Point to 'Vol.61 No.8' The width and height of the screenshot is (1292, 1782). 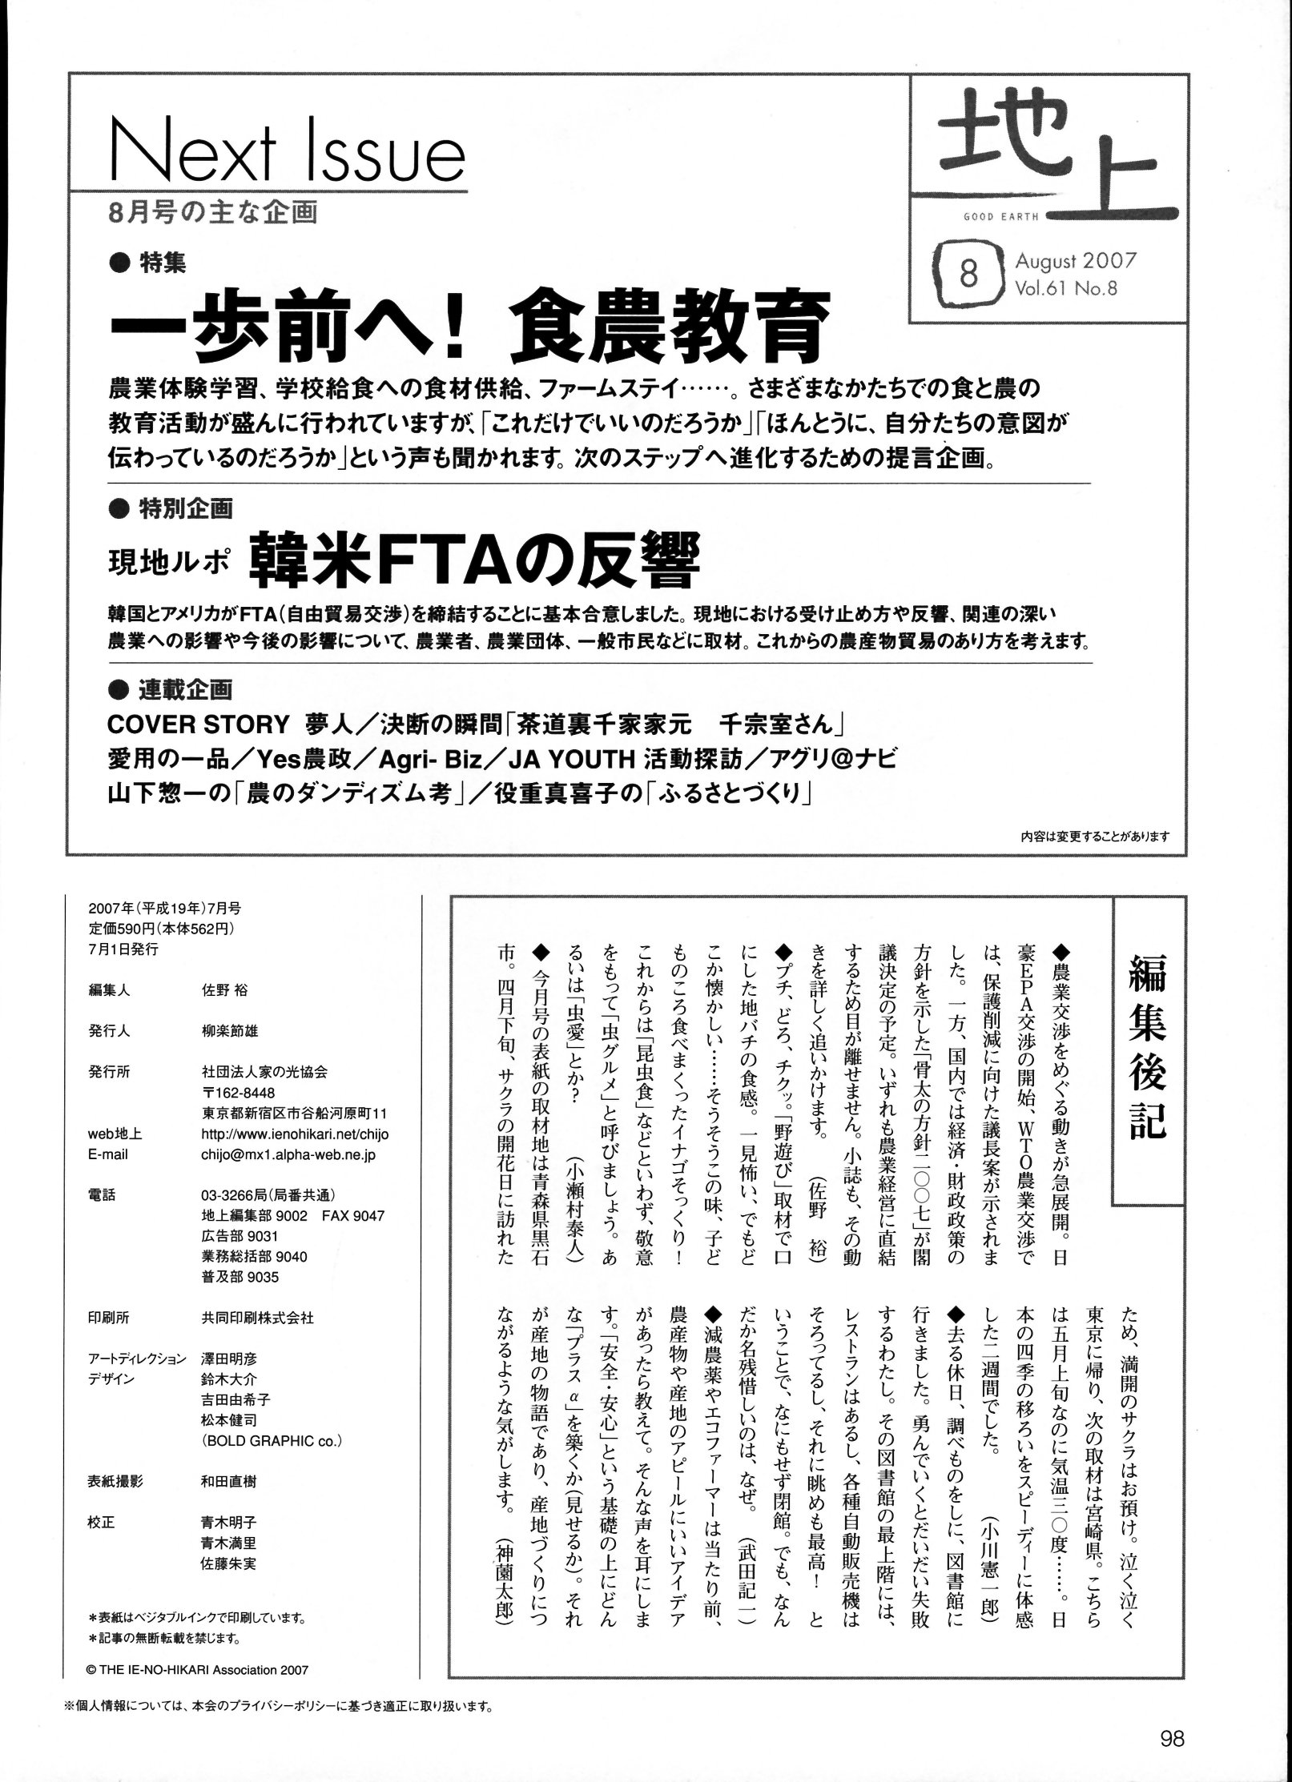tap(1065, 288)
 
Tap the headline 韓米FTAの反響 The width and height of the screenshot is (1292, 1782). tap(475, 563)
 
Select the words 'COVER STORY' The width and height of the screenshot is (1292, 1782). tap(197, 724)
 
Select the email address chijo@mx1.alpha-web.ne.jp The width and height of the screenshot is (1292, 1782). tap(288, 1154)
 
